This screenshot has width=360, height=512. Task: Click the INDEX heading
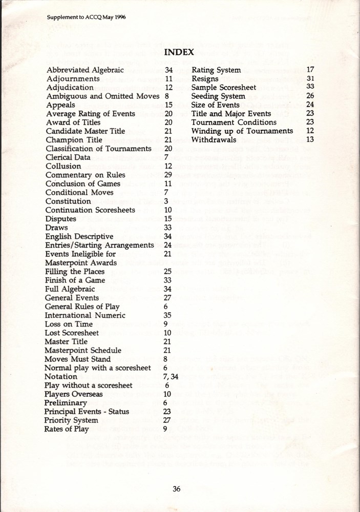pos(179,52)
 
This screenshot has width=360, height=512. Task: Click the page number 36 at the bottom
pos(176,488)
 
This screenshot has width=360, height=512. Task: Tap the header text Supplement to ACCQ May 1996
pos(86,17)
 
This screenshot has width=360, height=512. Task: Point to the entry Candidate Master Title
pos(85,131)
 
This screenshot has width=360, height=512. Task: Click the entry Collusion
pos(63,166)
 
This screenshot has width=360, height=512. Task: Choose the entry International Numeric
pos(85,315)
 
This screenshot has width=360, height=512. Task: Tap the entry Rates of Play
pos(67,429)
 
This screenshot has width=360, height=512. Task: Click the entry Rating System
pos(216,70)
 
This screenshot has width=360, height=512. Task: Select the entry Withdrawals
pos(214,139)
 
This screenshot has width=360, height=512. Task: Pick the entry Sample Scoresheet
pos(224,87)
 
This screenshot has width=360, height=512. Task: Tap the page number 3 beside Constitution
pos(166,201)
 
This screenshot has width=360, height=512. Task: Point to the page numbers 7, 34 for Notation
pos(171,377)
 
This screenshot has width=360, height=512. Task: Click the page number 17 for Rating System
pos(310,70)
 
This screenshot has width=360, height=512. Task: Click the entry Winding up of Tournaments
pos(242,131)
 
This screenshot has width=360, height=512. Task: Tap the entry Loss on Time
pos(69,324)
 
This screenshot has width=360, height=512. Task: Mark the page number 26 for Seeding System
pos(310,96)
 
